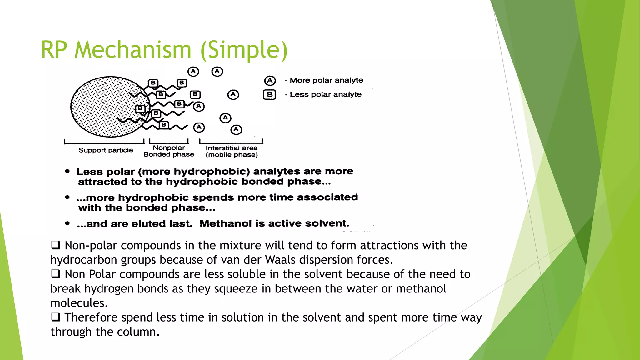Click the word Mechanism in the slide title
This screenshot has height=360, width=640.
click(133, 50)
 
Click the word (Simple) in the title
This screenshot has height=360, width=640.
click(244, 50)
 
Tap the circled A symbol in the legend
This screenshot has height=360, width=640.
click(270, 81)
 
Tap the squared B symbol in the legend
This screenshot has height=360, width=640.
click(269, 94)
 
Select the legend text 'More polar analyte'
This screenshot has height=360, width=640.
click(326, 80)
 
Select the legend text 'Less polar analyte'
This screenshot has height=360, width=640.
click(326, 94)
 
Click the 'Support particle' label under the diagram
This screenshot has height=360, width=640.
click(106, 150)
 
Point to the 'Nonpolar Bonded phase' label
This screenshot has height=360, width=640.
click(169, 151)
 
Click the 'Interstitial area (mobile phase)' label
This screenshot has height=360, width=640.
click(232, 151)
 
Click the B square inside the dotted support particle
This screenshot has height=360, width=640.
click(140, 108)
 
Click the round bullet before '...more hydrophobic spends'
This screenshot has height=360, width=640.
click(67, 197)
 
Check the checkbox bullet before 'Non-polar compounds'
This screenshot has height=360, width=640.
click(56, 245)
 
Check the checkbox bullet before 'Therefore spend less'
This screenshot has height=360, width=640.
click(56, 317)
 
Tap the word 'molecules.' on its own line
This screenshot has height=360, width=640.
click(79, 303)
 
